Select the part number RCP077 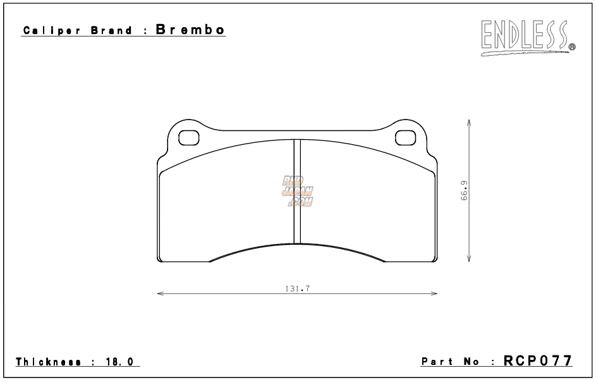point(538,361)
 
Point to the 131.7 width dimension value point(296,288)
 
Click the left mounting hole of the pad point(188,137)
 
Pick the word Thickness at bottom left point(48,362)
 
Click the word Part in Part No point(437,362)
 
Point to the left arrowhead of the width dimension point(159,293)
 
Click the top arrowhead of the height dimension point(468,121)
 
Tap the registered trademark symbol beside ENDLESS point(572,46)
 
